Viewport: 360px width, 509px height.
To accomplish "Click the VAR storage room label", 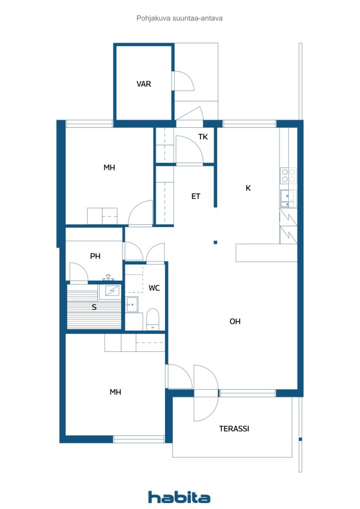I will pos(144,84).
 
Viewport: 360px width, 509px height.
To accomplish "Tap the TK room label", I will pos(203,137).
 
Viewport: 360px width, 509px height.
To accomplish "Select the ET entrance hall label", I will pos(196,196).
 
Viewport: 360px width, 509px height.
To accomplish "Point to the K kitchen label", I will pos(248,188).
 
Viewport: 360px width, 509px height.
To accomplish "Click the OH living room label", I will pos(235,322).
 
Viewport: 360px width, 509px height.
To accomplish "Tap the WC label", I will pos(154,288).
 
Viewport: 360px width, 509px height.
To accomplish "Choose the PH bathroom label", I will pos(95,256).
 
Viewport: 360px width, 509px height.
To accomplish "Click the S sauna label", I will pos(93,307).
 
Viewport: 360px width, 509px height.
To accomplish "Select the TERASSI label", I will pos(234,428).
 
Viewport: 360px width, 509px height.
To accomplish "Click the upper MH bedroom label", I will pos(109,168).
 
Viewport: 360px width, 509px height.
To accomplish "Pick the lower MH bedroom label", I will pos(115,392).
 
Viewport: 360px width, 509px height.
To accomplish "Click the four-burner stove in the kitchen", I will pos(288,175).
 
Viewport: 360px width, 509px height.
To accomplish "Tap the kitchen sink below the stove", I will pos(288,198).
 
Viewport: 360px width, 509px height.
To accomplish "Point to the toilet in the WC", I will pos(153,319).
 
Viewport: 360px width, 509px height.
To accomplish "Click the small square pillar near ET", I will pos(215,243).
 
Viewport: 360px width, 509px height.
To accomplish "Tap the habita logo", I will pos(179,497).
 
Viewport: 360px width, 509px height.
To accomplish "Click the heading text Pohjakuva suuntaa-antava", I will pos(180,18).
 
